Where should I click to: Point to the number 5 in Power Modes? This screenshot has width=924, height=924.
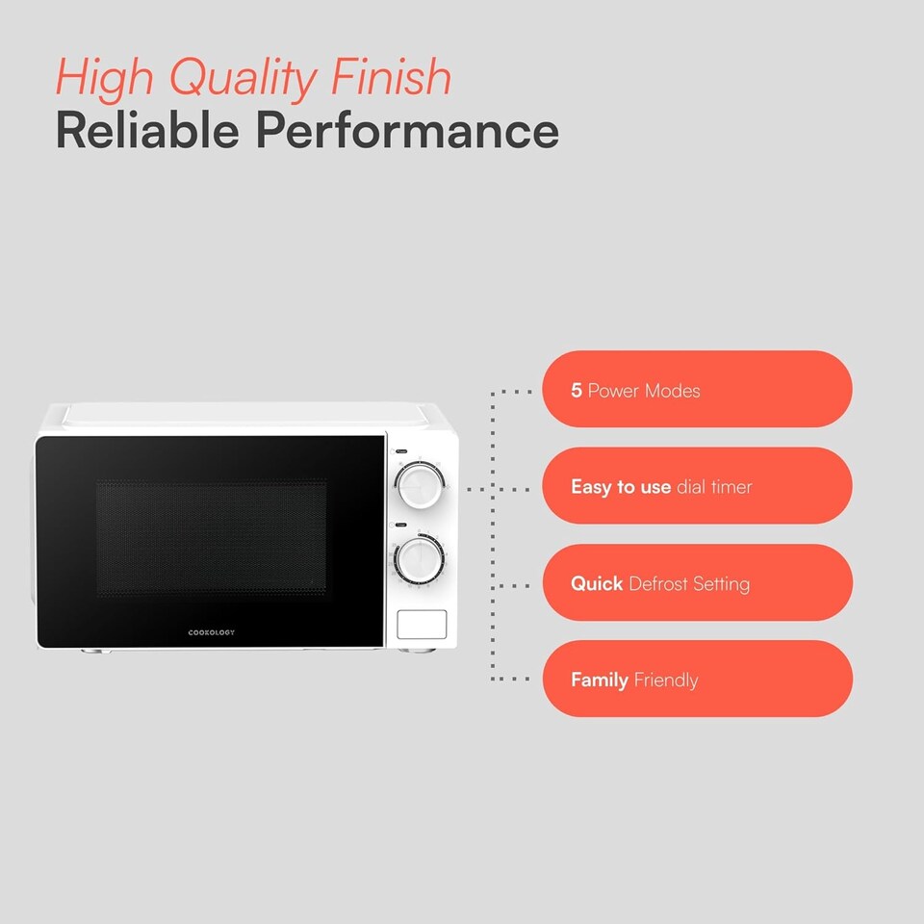pos(577,391)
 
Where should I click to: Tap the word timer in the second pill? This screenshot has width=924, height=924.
pos(731,487)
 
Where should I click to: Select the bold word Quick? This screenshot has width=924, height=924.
pos(597,584)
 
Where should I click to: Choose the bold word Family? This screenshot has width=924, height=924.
pos(600,680)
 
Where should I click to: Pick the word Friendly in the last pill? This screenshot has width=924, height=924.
pos(666,680)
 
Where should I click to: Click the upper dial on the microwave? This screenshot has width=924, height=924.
pos(419,484)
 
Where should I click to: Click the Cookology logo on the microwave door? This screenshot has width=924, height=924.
pos(211,632)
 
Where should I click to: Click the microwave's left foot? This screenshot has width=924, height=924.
pos(93,651)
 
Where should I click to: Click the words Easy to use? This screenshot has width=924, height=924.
pos(620,487)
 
